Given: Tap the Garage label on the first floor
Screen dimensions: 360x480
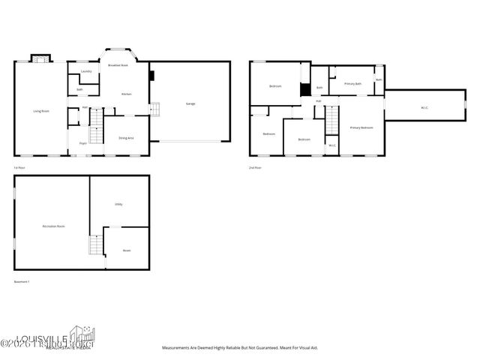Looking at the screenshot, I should coord(190,103).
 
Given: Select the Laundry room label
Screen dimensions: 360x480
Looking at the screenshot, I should coord(86,71).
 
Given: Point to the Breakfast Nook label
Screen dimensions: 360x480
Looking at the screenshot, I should coord(118,66).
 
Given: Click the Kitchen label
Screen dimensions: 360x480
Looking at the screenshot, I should coord(127,94).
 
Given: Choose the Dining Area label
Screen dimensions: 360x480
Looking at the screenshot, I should coord(126,138).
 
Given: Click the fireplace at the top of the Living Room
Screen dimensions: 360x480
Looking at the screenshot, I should coord(40,58).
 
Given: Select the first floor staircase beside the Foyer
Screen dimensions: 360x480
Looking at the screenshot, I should coord(95,136).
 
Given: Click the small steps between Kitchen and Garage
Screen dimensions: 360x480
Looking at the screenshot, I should coord(155,109).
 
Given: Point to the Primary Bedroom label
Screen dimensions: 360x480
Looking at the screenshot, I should coord(361,128).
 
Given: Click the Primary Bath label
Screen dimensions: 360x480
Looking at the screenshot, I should coord(353,84).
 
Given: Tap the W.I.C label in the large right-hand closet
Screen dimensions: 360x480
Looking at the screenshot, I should coord(424,107).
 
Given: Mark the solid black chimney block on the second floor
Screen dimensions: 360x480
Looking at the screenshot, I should coord(304,90).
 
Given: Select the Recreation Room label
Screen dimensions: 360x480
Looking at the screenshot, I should coord(53,226).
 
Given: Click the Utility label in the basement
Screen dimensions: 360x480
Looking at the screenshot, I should coord(118,204).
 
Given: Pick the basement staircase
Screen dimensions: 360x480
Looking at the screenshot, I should coord(95,244).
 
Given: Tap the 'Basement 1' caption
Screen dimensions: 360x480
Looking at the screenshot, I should coord(22,282).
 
